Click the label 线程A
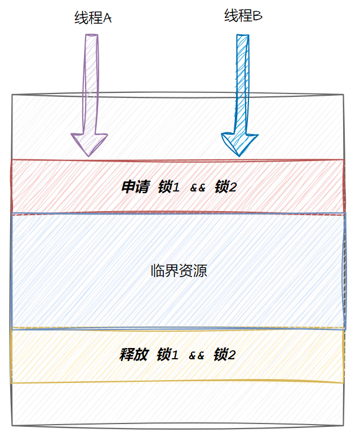(x=93, y=18)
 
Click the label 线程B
(x=243, y=16)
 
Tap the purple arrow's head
(x=89, y=143)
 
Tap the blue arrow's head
(x=239, y=144)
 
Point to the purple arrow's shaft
(x=90, y=84)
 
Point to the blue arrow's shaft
(x=242, y=84)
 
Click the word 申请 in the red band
(x=135, y=187)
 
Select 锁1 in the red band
(x=168, y=187)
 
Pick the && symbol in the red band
(x=197, y=188)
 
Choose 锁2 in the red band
(x=225, y=187)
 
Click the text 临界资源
(x=179, y=270)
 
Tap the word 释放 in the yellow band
(x=134, y=355)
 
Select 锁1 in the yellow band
(x=167, y=355)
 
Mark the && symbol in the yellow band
(x=196, y=355)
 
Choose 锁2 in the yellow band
(x=224, y=355)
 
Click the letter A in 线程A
(x=108, y=19)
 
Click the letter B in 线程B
(x=257, y=16)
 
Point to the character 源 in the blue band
(x=200, y=270)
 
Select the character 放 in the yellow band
(x=141, y=355)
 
